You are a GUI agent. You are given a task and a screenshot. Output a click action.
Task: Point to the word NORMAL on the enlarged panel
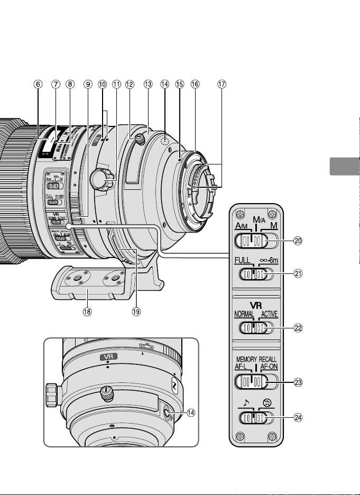243,314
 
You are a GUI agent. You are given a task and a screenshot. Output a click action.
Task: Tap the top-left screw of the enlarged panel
240,215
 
